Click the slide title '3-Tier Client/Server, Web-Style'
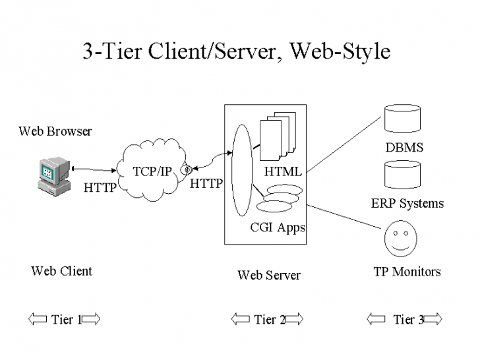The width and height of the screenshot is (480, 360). click(236, 51)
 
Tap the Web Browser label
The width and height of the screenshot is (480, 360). click(55, 131)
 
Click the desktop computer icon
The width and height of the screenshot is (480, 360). click(53, 176)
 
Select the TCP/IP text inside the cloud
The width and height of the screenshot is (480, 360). click(152, 171)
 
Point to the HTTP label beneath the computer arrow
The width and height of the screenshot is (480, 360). click(100, 188)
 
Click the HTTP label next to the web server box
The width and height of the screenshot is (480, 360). click(206, 184)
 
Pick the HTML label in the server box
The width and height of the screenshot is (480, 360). click(283, 172)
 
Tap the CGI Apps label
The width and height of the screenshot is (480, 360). click(278, 228)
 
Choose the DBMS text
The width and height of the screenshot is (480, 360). click(404, 148)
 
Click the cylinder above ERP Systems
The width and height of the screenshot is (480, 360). click(402, 176)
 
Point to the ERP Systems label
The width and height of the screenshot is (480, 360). click(407, 203)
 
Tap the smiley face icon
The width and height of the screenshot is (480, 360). click(400, 239)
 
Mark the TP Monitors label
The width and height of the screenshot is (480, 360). click(407, 272)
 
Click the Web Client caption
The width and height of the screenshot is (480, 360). click(61, 271)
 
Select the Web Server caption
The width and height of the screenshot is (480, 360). click(268, 276)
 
